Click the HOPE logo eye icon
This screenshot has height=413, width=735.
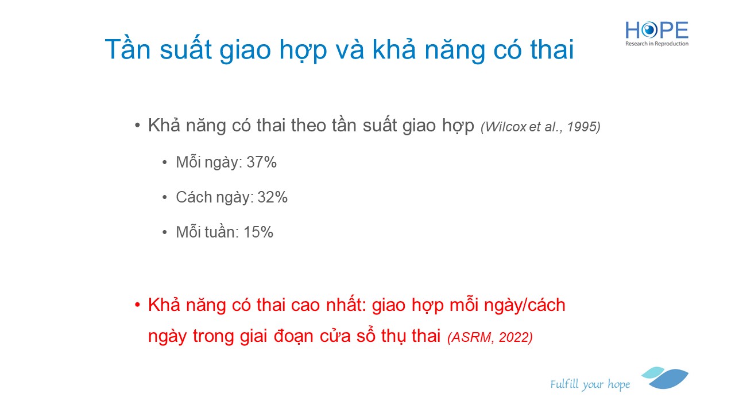[649, 30]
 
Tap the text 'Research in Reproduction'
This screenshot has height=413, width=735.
[656, 44]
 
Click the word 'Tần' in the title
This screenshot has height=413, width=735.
[127, 49]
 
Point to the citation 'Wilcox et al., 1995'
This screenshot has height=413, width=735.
[540, 127]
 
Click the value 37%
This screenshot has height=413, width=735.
[261, 162]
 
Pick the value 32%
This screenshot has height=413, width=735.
[272, 197]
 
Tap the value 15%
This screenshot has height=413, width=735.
[258, 232]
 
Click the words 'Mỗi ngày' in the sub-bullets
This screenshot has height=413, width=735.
[207, 162]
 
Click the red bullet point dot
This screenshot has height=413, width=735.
[137, 305]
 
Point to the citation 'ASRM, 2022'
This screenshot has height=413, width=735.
[490, 337]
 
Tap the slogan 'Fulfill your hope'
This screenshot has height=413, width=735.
[590, 384]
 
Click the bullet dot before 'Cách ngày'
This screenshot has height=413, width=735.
[165, 197]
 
